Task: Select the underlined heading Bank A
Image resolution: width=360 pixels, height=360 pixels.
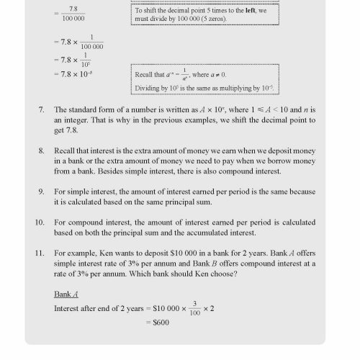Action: tap(66, 294)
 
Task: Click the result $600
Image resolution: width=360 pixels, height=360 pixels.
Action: tap(166, 322)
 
